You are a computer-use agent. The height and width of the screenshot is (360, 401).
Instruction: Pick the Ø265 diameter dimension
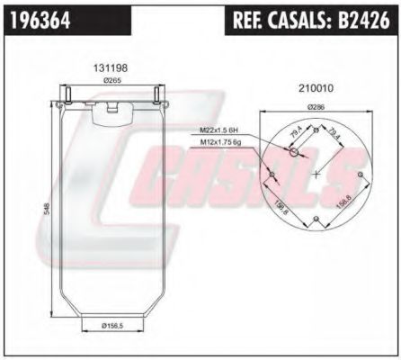[x=111, y=81]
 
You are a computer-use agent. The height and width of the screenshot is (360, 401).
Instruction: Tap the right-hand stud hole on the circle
[x=360, y=173]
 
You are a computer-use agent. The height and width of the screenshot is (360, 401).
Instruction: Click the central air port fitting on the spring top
[x=112, y=109]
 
